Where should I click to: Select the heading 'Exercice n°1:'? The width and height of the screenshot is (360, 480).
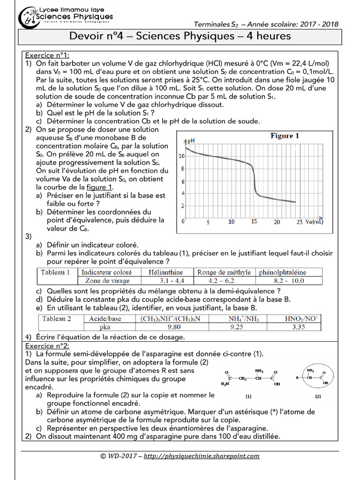pos(47,55)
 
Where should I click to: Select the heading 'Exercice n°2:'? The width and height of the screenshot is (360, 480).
pos(47,345)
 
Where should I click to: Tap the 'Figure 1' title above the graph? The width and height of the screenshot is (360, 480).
pos(285,136)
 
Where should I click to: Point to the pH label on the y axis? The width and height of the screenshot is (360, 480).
pos(191,141)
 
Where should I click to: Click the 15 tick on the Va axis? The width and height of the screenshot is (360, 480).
pos(254,221)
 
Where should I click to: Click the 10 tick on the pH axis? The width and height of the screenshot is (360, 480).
pos(181,155)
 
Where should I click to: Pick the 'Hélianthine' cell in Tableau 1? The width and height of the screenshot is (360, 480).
pos(165,272)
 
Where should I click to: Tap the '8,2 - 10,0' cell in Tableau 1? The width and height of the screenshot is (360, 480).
pos(289,281)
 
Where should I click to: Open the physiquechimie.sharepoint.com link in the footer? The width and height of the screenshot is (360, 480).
pos(201,456)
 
